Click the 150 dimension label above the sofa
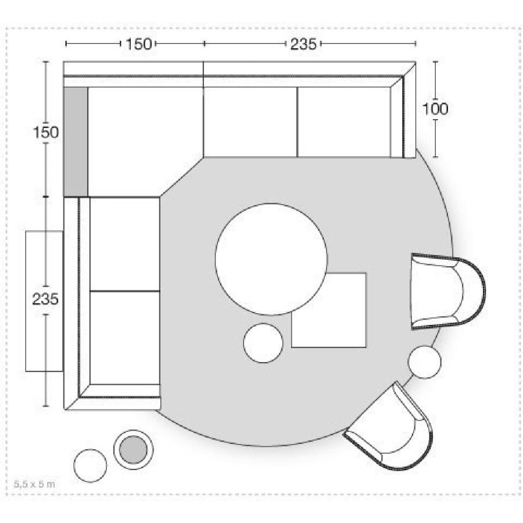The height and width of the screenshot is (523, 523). (138, 44)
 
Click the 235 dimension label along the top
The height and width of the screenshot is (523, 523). (303, 44)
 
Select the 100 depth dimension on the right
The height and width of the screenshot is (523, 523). (435, 109)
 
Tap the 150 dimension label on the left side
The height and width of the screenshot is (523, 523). (46, 132)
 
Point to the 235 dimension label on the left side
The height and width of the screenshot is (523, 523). (45, 299)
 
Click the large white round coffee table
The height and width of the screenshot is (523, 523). (271, 259)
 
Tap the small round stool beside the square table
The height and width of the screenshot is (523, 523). (263, 343)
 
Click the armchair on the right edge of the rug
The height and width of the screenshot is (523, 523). (447, 292)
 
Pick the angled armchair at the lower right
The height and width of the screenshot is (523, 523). (391, 429)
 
